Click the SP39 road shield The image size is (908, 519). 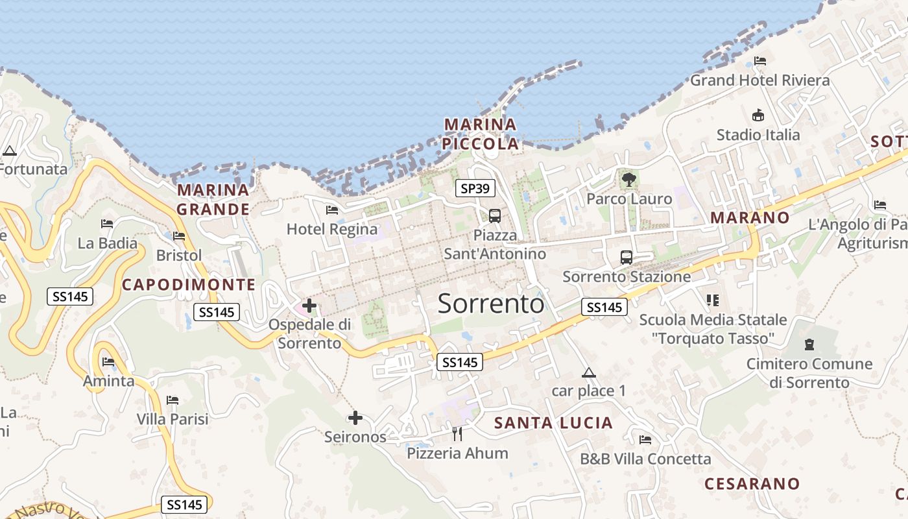pos(475,189)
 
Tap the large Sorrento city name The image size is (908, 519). pos(491,304)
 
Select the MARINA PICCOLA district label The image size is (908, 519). pos(481,134)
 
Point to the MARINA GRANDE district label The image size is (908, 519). pos(213,200)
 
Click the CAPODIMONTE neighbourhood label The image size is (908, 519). pos(189,284)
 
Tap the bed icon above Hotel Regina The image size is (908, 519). pos(332,210)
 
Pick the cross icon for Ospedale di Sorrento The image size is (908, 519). pos(309,305)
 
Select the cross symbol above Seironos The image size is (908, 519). pos(355,418)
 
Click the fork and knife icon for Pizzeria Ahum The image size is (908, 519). pos(458,433)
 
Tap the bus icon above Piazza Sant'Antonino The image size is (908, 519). pos(495,216)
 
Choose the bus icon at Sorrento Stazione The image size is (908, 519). pos(627,258)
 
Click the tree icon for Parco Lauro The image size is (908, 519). pos(628,179)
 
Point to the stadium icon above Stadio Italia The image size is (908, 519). pos(758,115)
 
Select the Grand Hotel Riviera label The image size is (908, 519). pos(759,80)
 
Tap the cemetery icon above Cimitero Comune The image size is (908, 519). pos(809,344)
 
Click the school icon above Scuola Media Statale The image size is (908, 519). pos(713,300)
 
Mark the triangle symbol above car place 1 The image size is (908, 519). pos(588,372)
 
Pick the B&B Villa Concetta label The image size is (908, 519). pos(645,459)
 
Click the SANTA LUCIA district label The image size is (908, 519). pos(553,423)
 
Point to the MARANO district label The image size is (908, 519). pos(750,217)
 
